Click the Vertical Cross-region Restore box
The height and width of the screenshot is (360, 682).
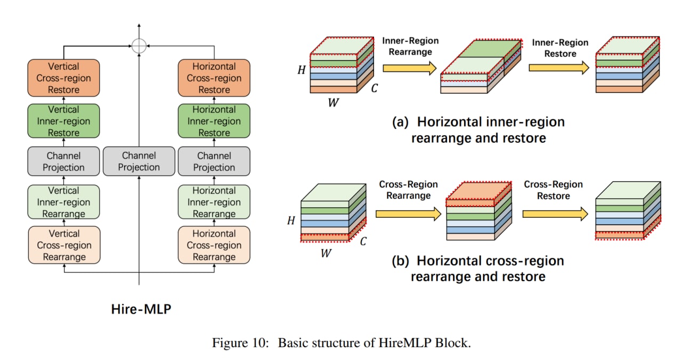click(x=64, y=78)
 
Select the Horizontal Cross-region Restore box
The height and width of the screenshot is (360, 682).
click(x=214, y=78)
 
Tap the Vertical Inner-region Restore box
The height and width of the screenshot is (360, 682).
click(x=64, y=121)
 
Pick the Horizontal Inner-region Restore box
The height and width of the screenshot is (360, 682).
click(x=214, y=121)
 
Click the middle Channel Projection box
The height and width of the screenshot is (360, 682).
click(x=139, y=161)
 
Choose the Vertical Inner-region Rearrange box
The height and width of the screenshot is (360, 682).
click(x=64, y=202)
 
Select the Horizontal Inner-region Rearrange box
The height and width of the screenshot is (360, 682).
click(x=214, y=202)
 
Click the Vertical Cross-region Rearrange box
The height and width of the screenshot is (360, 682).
click(x=64, y=246)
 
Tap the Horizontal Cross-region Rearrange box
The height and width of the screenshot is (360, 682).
click(x=214, y=246)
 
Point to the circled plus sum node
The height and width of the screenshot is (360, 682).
click(x=139, y=46)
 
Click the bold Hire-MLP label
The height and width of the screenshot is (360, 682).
click(x=141, y=309)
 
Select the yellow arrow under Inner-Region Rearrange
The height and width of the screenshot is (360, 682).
click(x=409, y=68)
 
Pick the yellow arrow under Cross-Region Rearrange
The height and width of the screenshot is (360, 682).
click(x=408, y=214)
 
